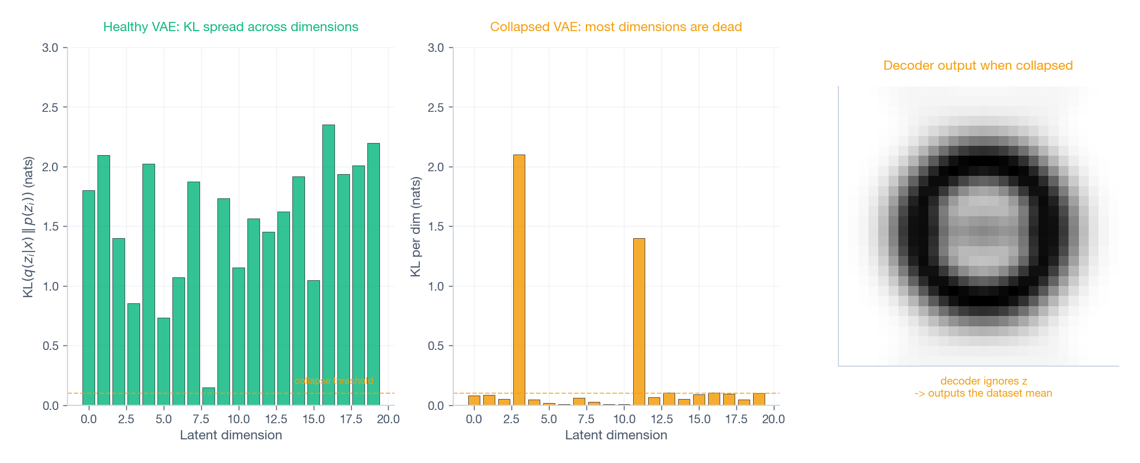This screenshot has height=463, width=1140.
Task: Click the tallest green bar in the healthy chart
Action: tap(328, 265)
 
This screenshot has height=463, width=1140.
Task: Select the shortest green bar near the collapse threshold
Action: tap(209, 397)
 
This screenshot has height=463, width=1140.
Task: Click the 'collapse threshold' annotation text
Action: tap(334, 381)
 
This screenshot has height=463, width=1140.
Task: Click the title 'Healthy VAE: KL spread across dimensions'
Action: tap(231, 27)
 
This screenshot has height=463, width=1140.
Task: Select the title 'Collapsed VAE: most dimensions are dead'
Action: tap(616, 27)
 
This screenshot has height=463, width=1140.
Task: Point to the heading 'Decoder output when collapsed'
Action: tap(978, 66)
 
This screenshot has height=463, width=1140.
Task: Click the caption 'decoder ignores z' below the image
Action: tap(983, 381)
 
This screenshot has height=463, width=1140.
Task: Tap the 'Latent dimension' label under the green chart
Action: tap(231, 435)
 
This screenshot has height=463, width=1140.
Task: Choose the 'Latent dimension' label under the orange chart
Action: tap(616, 435)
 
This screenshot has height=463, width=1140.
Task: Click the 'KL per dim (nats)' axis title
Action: tap(416, 227)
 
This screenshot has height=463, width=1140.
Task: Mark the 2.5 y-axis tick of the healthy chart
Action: tap(51, 107)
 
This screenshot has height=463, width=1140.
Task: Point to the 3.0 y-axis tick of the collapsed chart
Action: tap(436, 48)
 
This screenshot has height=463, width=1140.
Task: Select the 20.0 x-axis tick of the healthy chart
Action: tap(388, 419)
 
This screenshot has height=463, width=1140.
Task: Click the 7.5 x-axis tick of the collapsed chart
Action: tap(586, 419)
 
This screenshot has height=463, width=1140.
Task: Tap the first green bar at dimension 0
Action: tap(89, 298)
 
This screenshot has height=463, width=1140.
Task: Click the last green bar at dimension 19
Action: tap(374, 274)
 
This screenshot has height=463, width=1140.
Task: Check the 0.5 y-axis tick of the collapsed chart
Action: tap(436, 346)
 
